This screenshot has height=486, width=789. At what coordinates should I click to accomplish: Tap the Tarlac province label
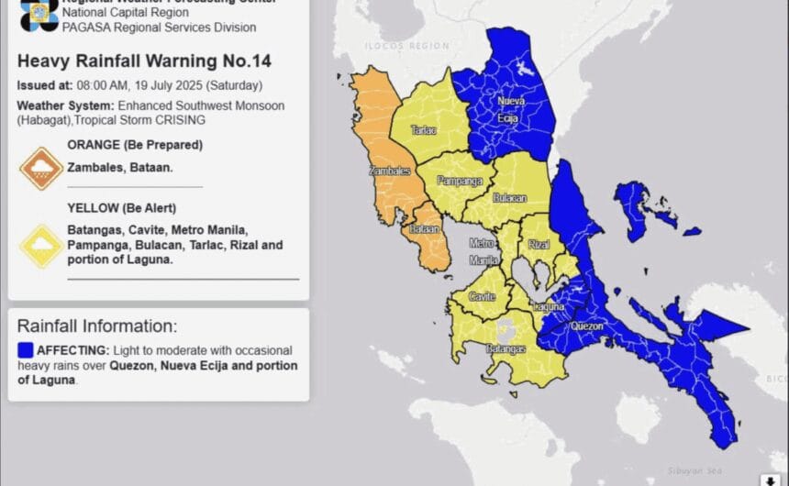coord(424,130)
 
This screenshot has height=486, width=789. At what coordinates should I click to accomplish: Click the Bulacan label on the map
coord(509,197)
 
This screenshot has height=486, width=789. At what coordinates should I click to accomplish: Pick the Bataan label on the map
coord(425,229)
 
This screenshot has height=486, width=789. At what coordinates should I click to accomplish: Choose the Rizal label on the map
coord(539,244)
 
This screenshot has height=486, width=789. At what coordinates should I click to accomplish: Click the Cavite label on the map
coord(483,296)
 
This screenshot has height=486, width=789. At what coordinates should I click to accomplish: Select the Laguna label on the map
coord(548,305)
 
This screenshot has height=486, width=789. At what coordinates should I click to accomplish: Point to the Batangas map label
coord(506,349)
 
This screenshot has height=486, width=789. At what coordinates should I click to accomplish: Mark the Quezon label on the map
coord(587,325)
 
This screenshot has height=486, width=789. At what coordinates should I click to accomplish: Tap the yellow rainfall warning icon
coord(41,246)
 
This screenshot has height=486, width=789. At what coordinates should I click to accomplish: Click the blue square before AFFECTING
coord(26,350)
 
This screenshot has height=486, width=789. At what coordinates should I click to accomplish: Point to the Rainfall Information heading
coord(97,326)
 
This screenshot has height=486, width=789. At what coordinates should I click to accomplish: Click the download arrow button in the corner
coord(769,479)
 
